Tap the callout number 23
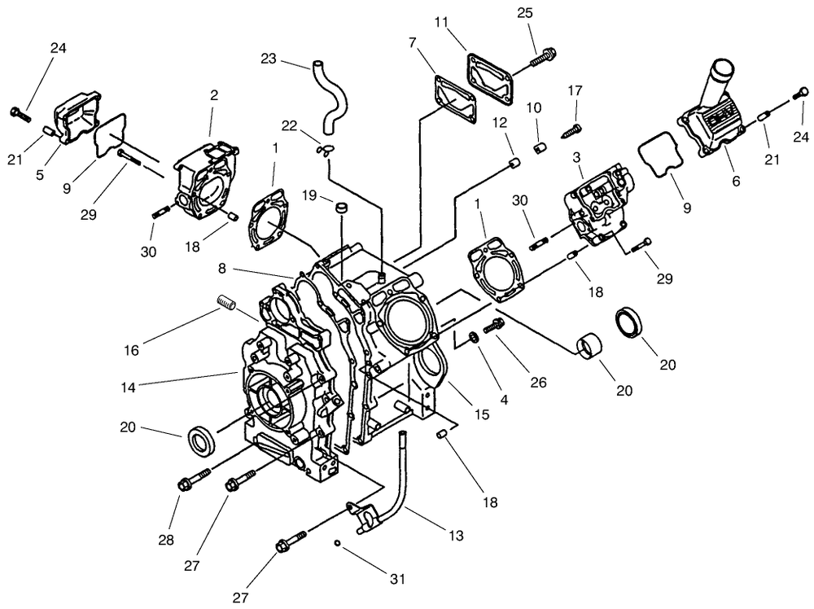tap(269, 59)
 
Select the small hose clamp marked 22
tap(327, 149)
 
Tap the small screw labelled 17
tap(573, 128)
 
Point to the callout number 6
tap(736, 182)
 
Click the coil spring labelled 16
tap(227, 305)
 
